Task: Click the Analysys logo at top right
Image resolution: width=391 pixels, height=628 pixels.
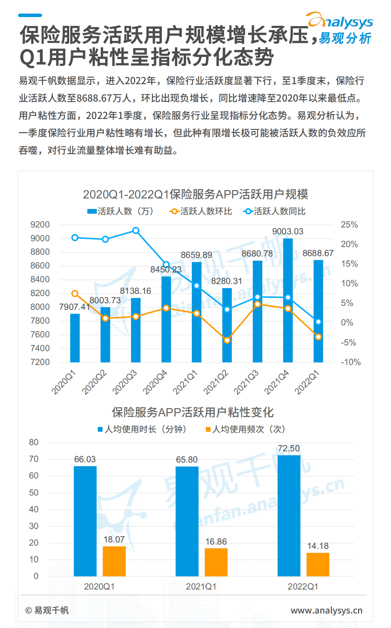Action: click(x=340, y=28)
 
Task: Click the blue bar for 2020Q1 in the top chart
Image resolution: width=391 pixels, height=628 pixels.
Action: click(x=75, y=338)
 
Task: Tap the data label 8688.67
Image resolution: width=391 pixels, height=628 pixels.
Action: click(x=318, y=253)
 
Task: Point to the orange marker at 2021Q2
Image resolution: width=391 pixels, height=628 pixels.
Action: click(x=227, y=340)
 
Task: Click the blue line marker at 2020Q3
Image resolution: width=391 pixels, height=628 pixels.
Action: click(x=136, y=230)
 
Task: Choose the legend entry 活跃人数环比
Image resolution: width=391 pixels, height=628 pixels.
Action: click(x=201, y=211)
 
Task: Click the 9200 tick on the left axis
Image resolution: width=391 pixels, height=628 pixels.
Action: click(x=40, y=225)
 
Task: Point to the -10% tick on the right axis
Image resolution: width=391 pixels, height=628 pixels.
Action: click(x=350, y=362)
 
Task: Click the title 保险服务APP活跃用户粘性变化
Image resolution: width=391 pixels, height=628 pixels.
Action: click(x=192, y=412)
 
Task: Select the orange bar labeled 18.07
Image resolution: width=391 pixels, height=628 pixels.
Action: click(x=114, y=561)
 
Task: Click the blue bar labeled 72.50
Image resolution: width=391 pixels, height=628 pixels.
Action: click(x=289, y=515)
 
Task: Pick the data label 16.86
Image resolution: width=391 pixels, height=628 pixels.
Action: click(x=216, y=542)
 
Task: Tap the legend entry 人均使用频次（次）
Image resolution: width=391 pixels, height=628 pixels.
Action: click(x=246, y=429)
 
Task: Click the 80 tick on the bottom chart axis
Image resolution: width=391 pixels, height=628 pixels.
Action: click(x=34, y=442)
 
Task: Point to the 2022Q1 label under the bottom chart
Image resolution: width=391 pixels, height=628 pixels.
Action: click(x=303, y=587)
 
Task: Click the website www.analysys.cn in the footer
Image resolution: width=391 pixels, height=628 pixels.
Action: click(x=326, y=611)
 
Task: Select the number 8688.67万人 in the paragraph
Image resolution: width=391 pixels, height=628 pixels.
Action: click(x=104, y=98)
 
